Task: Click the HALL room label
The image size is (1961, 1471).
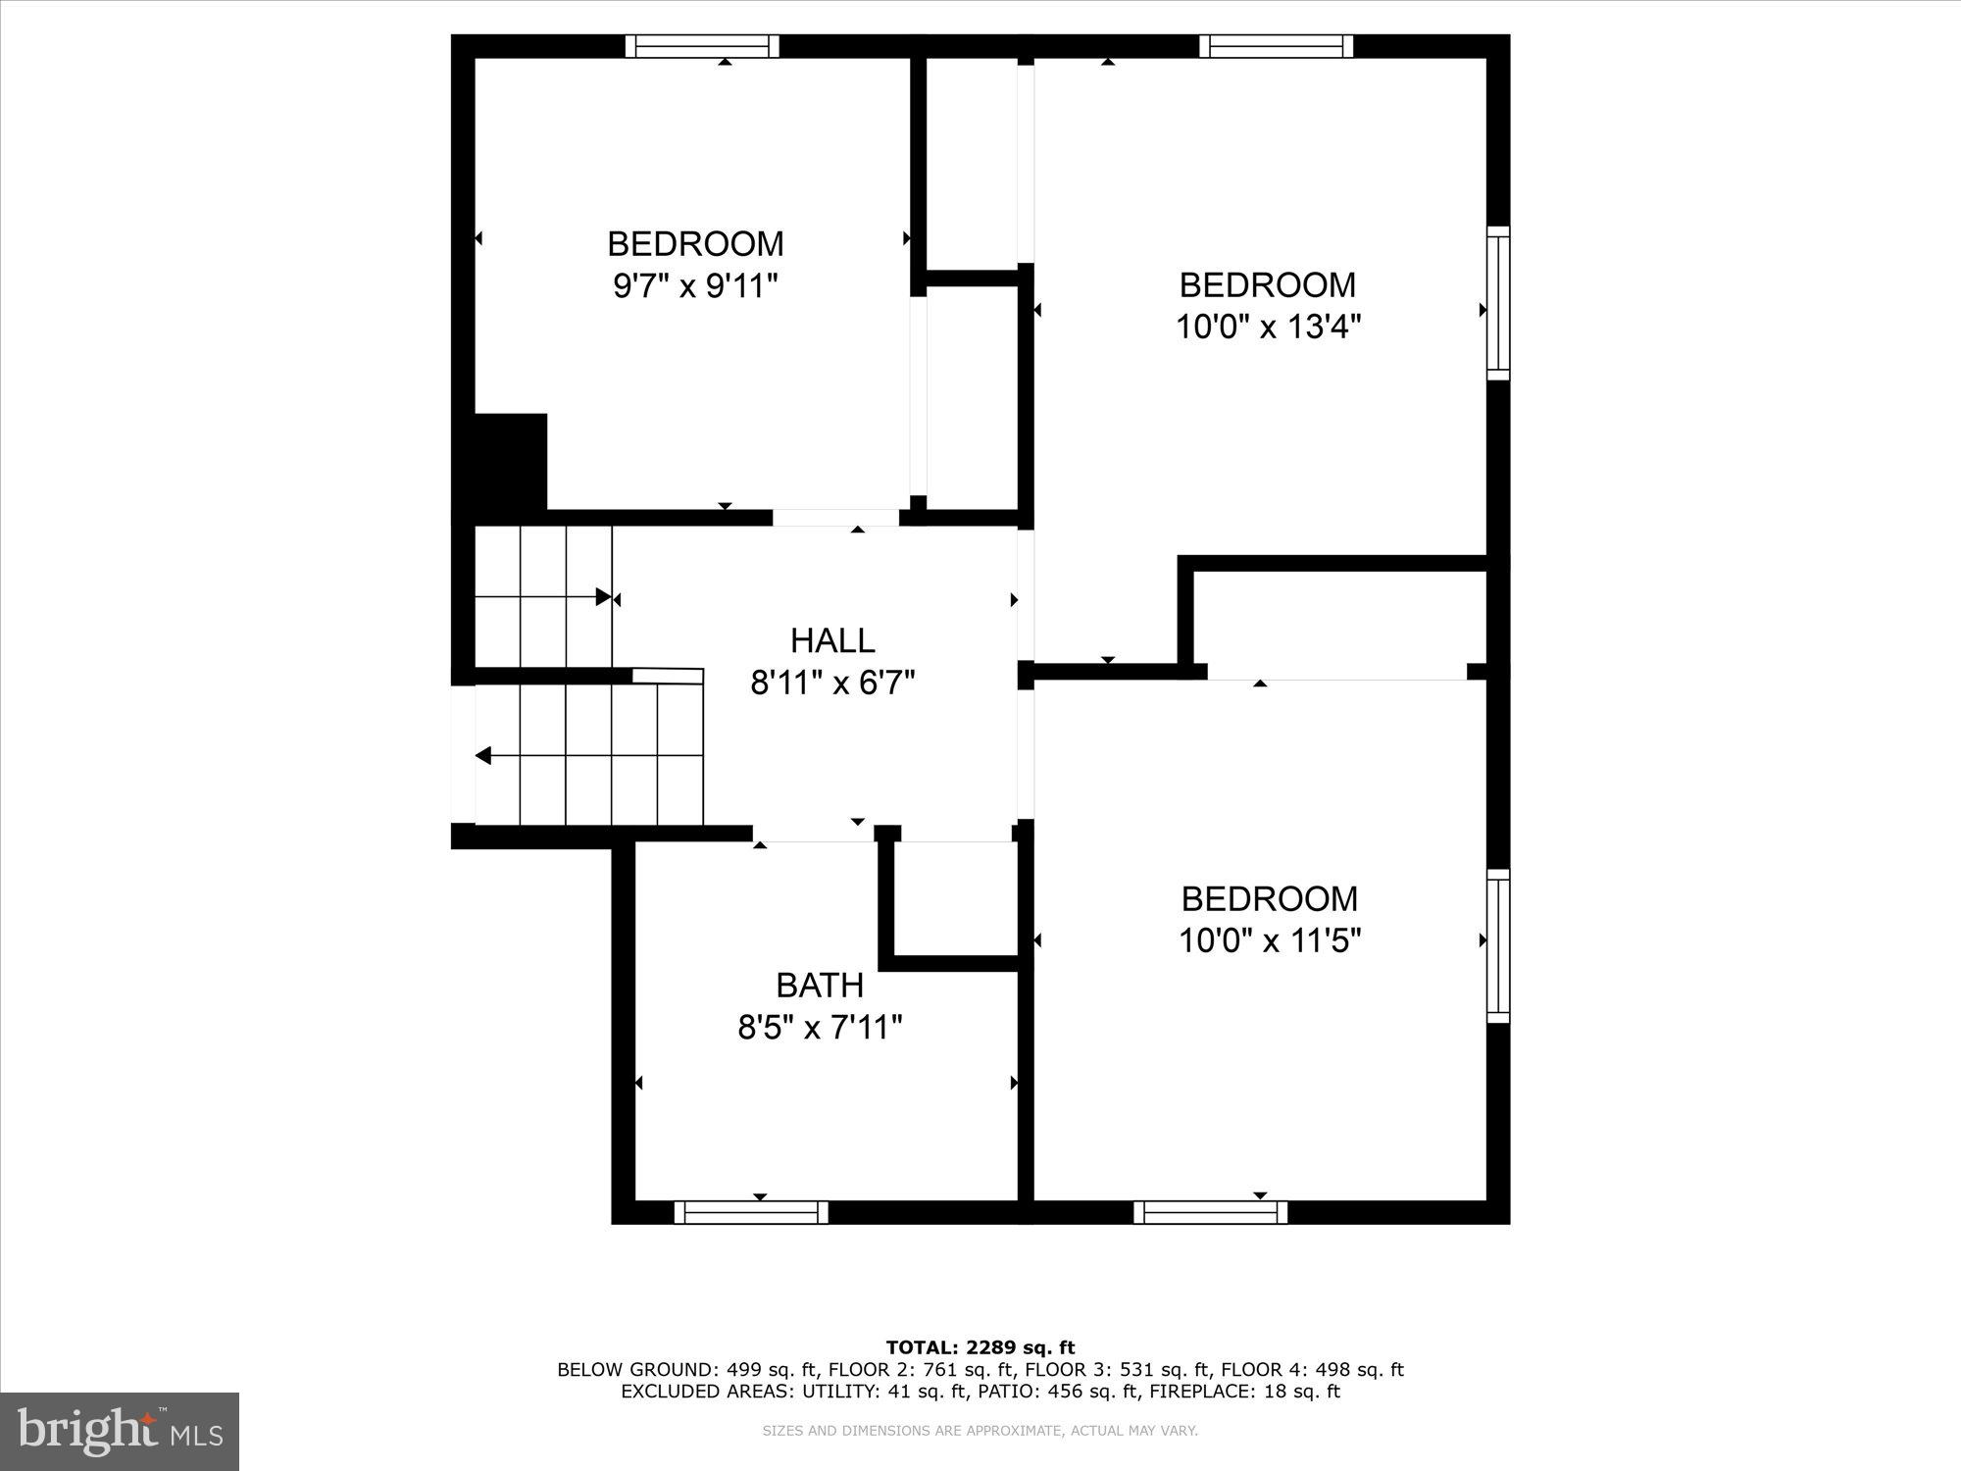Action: pyautogui.click(x=832, y=640)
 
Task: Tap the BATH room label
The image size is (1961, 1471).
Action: pyautogui.click(x=820, y=985)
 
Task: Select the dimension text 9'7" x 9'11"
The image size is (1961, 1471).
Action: pyautogui.click(x=695, y=286)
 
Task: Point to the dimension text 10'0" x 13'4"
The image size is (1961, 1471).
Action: pyautogui.click(x=1268, y=327)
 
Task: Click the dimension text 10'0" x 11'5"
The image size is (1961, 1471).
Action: pyautogui.click(x=1270, y=940)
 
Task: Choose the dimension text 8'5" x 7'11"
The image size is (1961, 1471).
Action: pyautogui.click(x=820, y=1028)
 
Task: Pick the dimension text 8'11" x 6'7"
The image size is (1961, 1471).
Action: pyautogui.click(x=832, y=683)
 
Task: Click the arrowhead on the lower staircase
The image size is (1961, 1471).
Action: pyautogui.click(x=482, y=756)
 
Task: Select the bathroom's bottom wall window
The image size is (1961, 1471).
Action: pyautogui.click(x=751, y=1213)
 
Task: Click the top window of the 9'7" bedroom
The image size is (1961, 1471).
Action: pyautogui.click(x=702, y=46)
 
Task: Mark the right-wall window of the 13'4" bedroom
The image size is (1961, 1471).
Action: pyautogui.click(x=1498, y=303)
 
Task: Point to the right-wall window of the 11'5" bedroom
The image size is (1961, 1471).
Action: pyautogui.click(x=1498, y=945)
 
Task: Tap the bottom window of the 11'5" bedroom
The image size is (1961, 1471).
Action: pyautogui.click(x=1211, y=1213)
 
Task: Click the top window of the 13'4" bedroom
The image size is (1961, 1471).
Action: pyautogui.click(x=1276, y=46)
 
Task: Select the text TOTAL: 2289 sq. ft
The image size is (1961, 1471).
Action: pyautogui.click(x=980, y=1347)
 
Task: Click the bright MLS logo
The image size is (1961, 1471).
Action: pyautogui.click(x=120, y=1432)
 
